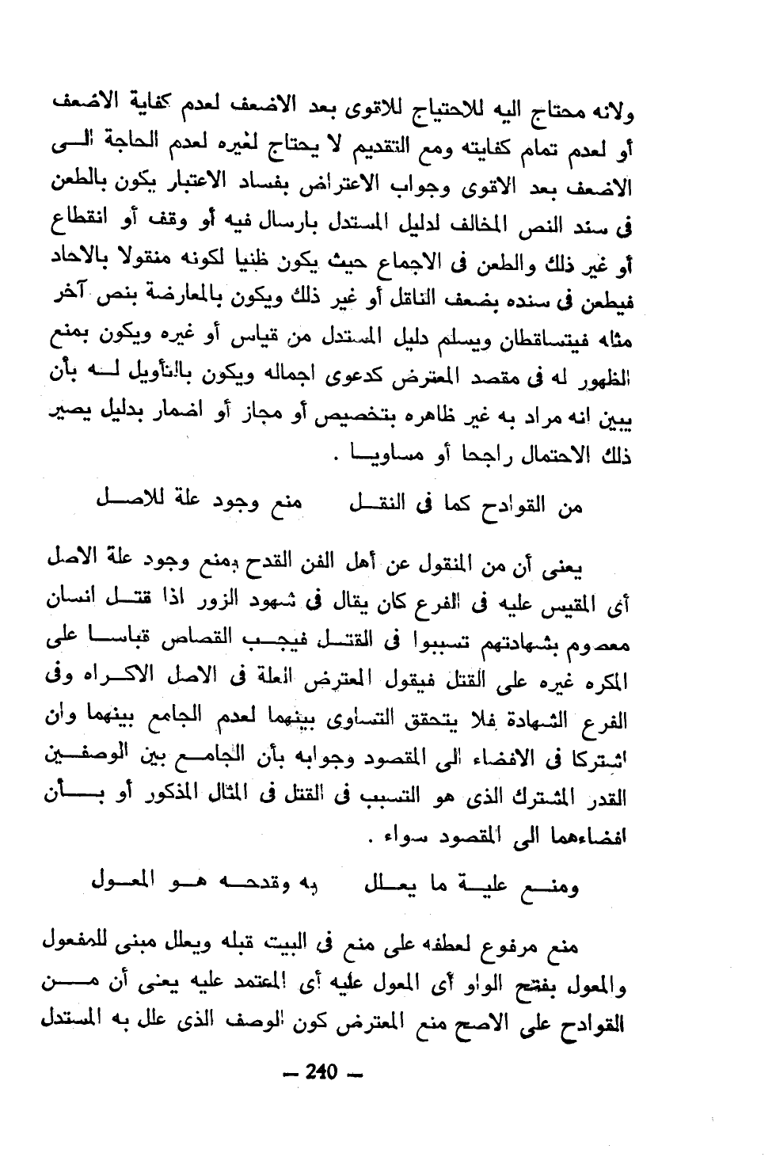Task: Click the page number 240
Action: click(322, 1072)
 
